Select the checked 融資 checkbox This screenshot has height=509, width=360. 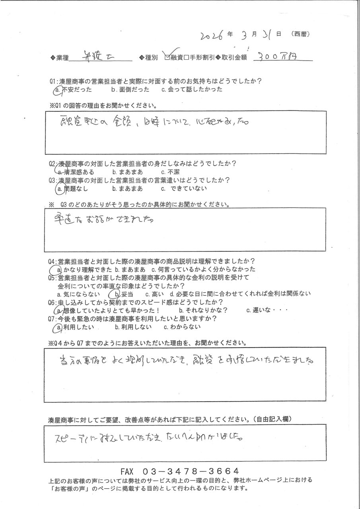click(x=167, y=58)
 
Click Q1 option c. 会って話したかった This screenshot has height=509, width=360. click(x=192, y=90)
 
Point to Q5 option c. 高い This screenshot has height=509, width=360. click(x=153, y=294)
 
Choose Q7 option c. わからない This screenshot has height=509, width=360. click(x=182, y=327)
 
